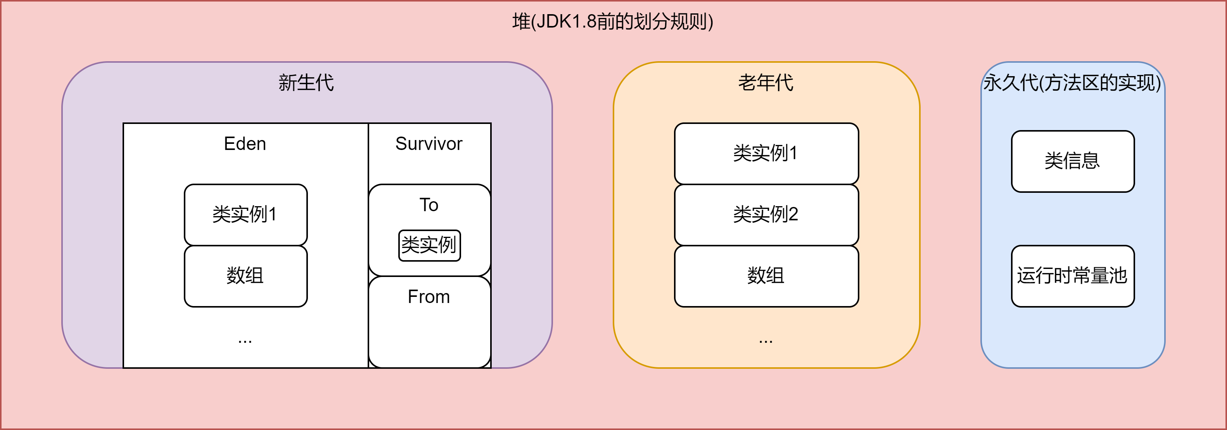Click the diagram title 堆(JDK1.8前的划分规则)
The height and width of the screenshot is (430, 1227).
[613, 22]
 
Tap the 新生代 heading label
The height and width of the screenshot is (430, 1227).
[306, 83]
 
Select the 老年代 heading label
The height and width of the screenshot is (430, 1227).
[766, 83]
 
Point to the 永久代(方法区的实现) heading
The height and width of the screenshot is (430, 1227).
[1072, 83]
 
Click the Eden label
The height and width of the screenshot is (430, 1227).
[245, 143]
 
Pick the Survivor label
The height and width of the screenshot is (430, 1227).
[429, 143]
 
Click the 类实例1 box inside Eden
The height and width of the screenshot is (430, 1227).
[245, 215]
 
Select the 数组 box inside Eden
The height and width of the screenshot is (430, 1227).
[245, 276]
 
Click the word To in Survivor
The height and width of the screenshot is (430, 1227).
[429, 205]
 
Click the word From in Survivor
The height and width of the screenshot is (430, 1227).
[429, 297]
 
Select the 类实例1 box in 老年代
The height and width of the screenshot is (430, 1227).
[766, 153]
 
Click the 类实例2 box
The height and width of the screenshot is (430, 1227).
[766, 215]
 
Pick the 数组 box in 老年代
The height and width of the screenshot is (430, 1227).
[766, 276]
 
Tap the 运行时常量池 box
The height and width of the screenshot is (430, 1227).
[1073, 276]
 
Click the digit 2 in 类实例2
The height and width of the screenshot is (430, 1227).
[793, 215]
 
